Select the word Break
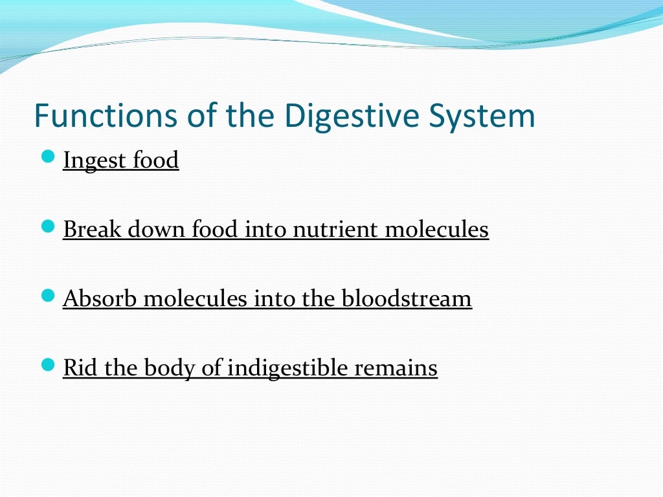coord(92,229)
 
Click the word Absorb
coord(100,298)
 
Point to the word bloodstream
coord(407,298)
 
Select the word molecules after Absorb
coord(195,298)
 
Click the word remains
coord(396,368)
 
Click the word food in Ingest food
coord(155,160)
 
